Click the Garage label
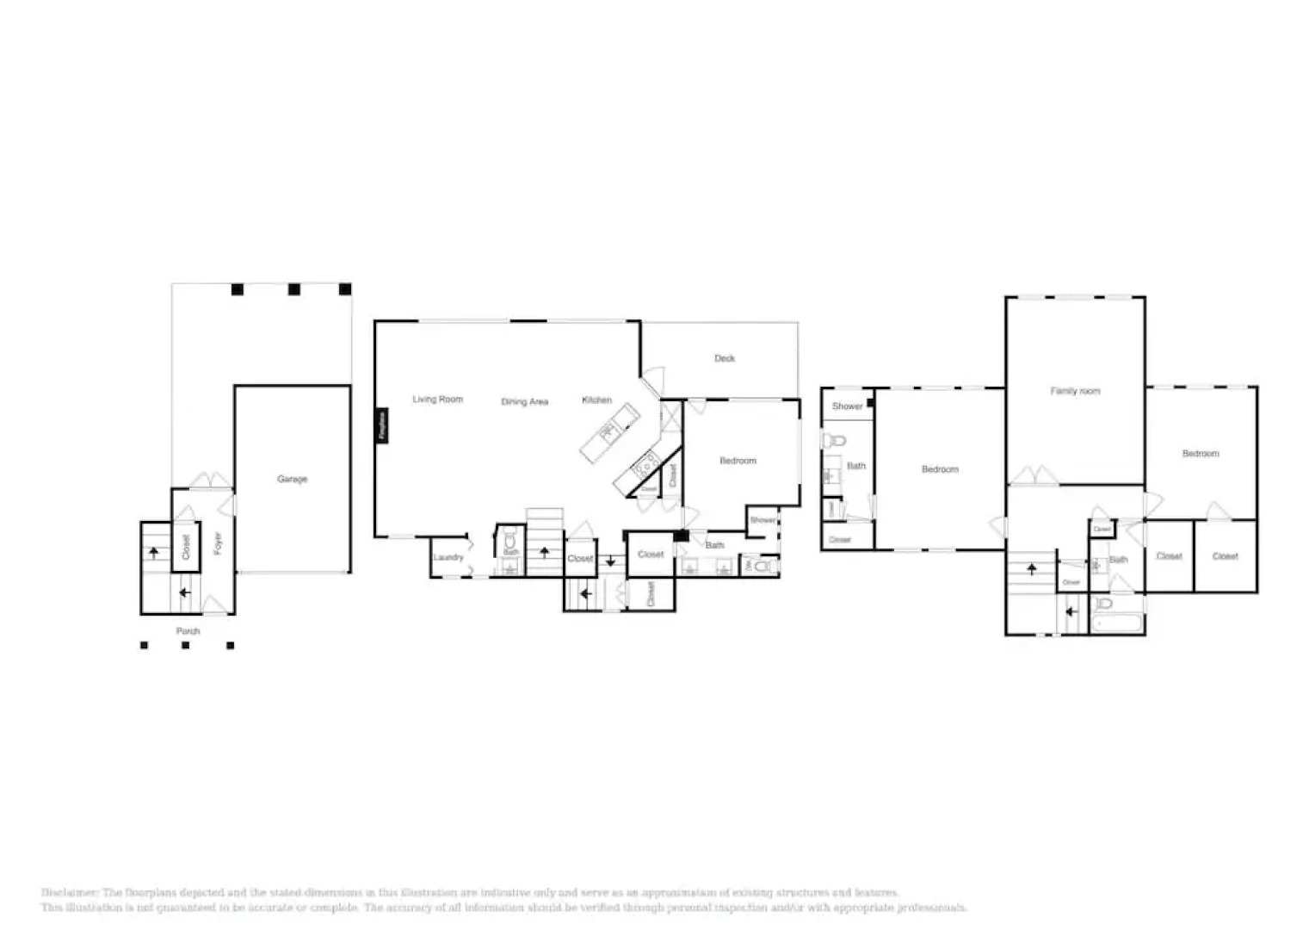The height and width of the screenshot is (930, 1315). pos(292,479)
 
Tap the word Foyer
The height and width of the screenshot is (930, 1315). pos(218,542)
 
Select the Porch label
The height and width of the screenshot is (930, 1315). pos(188,631)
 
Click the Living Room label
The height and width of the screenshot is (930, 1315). pos(437,400)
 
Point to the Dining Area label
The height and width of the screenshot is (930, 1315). pos(524,402)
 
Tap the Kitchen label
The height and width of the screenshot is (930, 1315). pos(596,400)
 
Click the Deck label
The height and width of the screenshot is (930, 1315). pos(724,358)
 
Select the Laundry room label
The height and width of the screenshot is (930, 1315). pos(448,558)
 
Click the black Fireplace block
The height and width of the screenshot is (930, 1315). pos(382,425)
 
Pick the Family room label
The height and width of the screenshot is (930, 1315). pos(1075,391)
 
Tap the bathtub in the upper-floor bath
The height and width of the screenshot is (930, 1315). pos(1116,623)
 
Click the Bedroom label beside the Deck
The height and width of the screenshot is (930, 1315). pos(738,461)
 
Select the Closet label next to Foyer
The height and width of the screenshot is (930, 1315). pos(185,546)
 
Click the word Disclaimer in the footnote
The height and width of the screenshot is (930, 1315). pos(70,893)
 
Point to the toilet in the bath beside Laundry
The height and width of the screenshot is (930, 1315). pos(510,540)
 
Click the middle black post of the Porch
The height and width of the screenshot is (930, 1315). pos(185,645)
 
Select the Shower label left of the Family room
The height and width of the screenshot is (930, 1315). pos(847,406)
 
